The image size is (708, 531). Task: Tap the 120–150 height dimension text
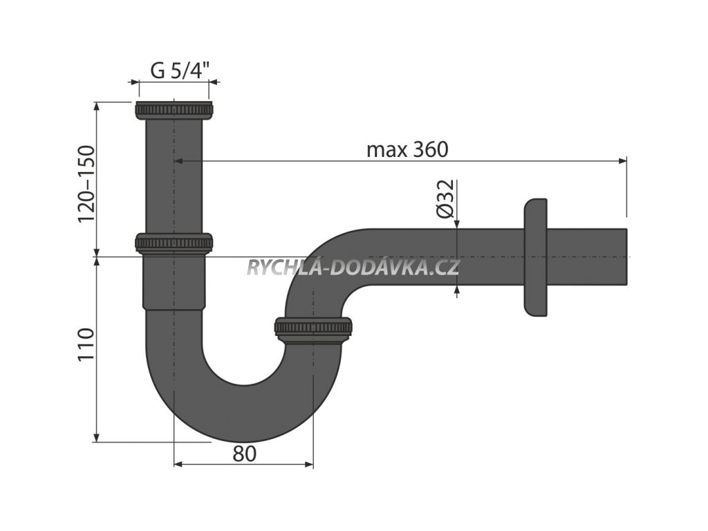pos(86,183)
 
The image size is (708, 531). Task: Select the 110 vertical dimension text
pos(86,344)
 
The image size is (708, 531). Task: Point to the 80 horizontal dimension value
pos(244,454)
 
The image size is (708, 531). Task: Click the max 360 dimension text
pos(408,149)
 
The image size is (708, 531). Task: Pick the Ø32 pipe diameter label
pos(445,199)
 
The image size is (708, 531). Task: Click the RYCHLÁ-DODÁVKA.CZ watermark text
pos(353,268)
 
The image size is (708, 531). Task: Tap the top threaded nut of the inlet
pos(174,111)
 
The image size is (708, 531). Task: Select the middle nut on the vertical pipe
pos(174,243)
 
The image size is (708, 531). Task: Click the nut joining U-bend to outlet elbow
pos(313,327)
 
